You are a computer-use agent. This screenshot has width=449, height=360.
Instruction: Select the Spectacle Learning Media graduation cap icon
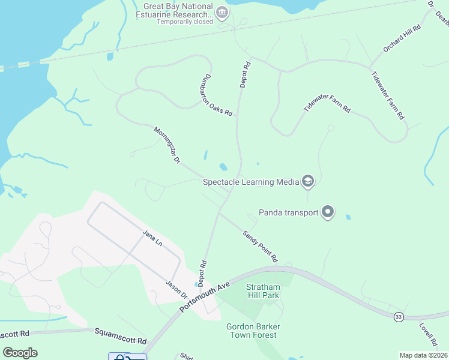(x=308, y=181)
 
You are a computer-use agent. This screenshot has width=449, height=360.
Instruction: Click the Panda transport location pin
(x=328, y=212)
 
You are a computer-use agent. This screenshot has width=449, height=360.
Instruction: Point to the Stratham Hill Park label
(x=263, y=290)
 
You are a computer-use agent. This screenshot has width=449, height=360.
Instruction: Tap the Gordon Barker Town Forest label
(x=253, y=331)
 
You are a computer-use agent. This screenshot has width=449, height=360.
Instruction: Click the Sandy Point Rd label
(x=260, y=246)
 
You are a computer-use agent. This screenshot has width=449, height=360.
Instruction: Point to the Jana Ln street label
(x=152, y=238)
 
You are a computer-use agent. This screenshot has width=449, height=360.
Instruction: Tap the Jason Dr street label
(x=177, y=290)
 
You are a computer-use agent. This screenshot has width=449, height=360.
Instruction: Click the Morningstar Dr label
(x=167, y=145)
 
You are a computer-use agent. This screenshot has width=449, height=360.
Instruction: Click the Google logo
(x=20, y=353)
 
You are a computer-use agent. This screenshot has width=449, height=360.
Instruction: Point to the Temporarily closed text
(x=184, y=22)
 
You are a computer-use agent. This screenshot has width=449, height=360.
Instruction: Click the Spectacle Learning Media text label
(x=251, y=182)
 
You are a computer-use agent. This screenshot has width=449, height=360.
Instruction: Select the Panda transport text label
(x=288, y=212)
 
